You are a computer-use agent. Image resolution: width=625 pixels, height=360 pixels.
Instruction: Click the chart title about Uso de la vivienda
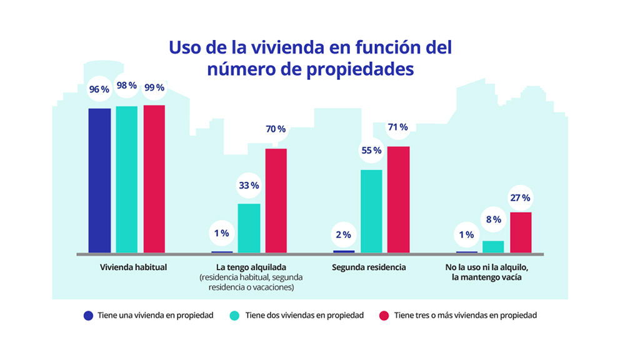pyautogui.click(x=311, y=57)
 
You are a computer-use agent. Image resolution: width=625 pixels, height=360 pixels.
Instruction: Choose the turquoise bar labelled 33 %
pyautogui.click(x=249, y=227)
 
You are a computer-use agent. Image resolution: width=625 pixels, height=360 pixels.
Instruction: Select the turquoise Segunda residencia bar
pyautogui.click(x=371, y=211)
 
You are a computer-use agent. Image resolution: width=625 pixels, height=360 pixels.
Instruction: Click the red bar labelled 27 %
pyautogui.click(x=521, y=232)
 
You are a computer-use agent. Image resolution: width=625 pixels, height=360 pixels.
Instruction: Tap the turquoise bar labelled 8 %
pyautogui.click(x=493, y=246)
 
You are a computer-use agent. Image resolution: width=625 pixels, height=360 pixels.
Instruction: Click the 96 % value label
pyautogui.click(x=99, y=89)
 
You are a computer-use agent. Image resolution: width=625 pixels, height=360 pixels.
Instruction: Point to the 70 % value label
pyautogui.click(x=276, y=129)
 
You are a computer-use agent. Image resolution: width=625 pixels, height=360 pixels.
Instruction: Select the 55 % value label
pyautogui.click(x=371, y=151)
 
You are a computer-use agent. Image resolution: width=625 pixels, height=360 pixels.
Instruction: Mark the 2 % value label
pyautogui.click(x=343, y=235)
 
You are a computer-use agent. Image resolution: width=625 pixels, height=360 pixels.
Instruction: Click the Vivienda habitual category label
pyautogui.click(x=134, y=267)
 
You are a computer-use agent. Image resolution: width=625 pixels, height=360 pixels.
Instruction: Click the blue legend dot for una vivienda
pyautogui.click(x=88, y=316)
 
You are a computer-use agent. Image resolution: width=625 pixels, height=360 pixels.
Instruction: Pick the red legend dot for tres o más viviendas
pyautogui.click(x=383, y=316)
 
